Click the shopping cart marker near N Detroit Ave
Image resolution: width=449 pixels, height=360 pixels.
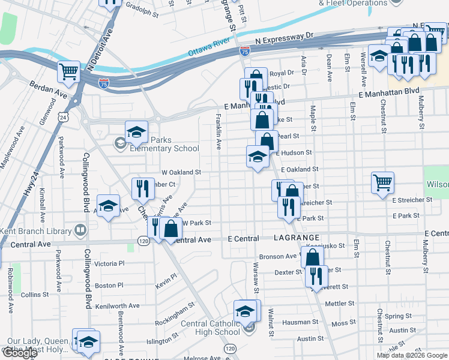click(69, 72)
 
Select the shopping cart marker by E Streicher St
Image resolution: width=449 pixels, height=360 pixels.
click(382, 182)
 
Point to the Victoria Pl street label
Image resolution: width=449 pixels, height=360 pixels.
click(109, 263)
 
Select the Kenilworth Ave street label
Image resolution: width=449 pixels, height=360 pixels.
click(118, 305)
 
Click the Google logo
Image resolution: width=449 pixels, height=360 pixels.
click(20, 353)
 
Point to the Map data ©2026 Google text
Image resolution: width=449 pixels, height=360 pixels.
click(411, 355)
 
